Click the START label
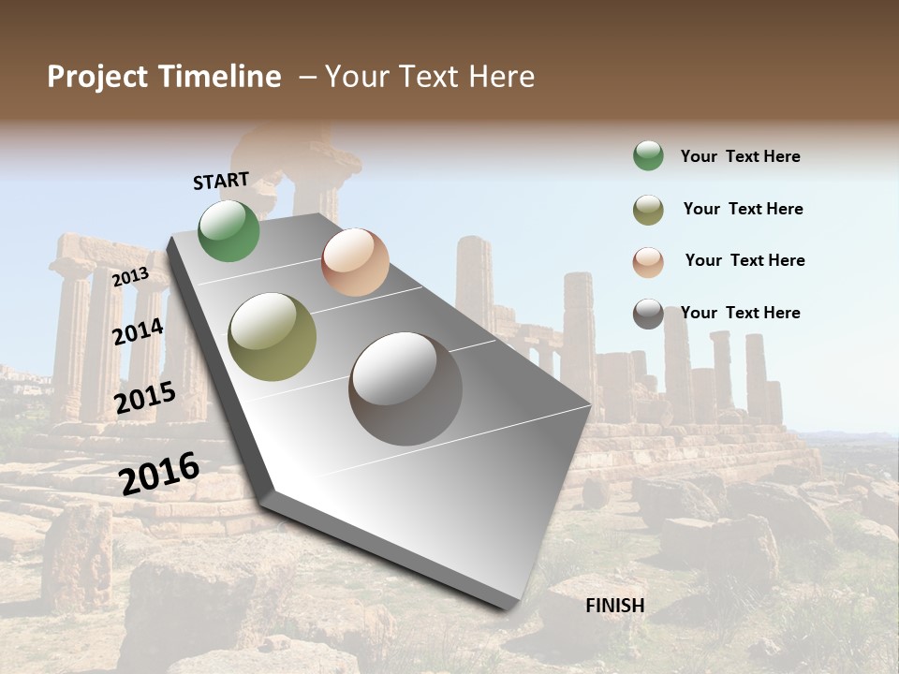click(221, 181)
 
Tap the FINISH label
click(615, 606)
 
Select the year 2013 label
click(130, 277)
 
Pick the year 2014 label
click(139, 331)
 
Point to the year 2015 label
click(145, 398)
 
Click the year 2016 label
click(159, 473)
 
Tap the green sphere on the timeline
click(229, 231)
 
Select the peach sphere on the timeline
click(355, 262)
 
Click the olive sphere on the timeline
click(273, 337)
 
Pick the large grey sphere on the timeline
click(405, 388)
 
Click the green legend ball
click(648, 156)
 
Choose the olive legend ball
click(648, 210)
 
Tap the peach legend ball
click(648, 261)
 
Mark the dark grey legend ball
click(648, 314)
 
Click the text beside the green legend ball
click(740, 156)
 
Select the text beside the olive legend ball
click(743, 209)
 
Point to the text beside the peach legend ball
click(744, 260)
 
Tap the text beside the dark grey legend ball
click(740, 313)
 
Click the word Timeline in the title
click(219, 77)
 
